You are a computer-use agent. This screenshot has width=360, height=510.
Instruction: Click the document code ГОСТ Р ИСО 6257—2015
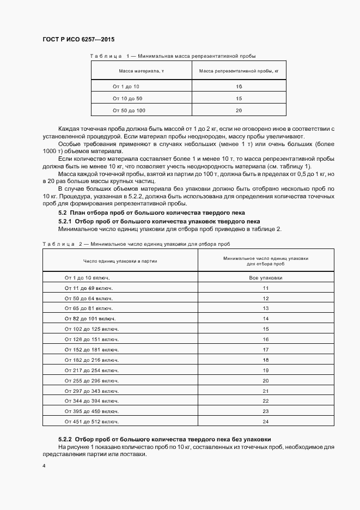click(78, 40)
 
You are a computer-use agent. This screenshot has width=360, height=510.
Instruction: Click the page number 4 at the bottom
click(44, 466)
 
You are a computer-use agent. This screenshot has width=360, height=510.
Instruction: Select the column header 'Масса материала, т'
click(142, 71)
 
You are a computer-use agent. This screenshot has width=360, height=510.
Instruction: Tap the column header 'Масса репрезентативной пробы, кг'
click(239, 71)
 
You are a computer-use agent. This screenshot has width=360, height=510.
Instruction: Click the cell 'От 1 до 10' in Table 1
click(126, 87)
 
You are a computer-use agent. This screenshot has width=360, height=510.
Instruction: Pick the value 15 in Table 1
click(239, 99)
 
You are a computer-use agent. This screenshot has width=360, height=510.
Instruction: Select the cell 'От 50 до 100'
click(129, 111)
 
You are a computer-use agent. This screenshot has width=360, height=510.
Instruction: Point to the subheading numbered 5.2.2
click(164, 439)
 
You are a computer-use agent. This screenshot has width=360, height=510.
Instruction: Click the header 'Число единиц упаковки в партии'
click(120, 261)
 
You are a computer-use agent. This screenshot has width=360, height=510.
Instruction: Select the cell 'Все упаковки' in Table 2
click(266, 277)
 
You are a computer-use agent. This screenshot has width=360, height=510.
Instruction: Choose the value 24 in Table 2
click(266, 422)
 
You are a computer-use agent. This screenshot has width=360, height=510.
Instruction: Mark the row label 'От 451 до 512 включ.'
click(91, 422)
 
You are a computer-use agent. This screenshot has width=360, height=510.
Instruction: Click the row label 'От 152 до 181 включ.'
click(91, 350)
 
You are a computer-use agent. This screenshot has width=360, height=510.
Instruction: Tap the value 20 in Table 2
click(266, 380)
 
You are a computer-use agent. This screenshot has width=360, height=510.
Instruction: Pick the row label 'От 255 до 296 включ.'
click(91, 380)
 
